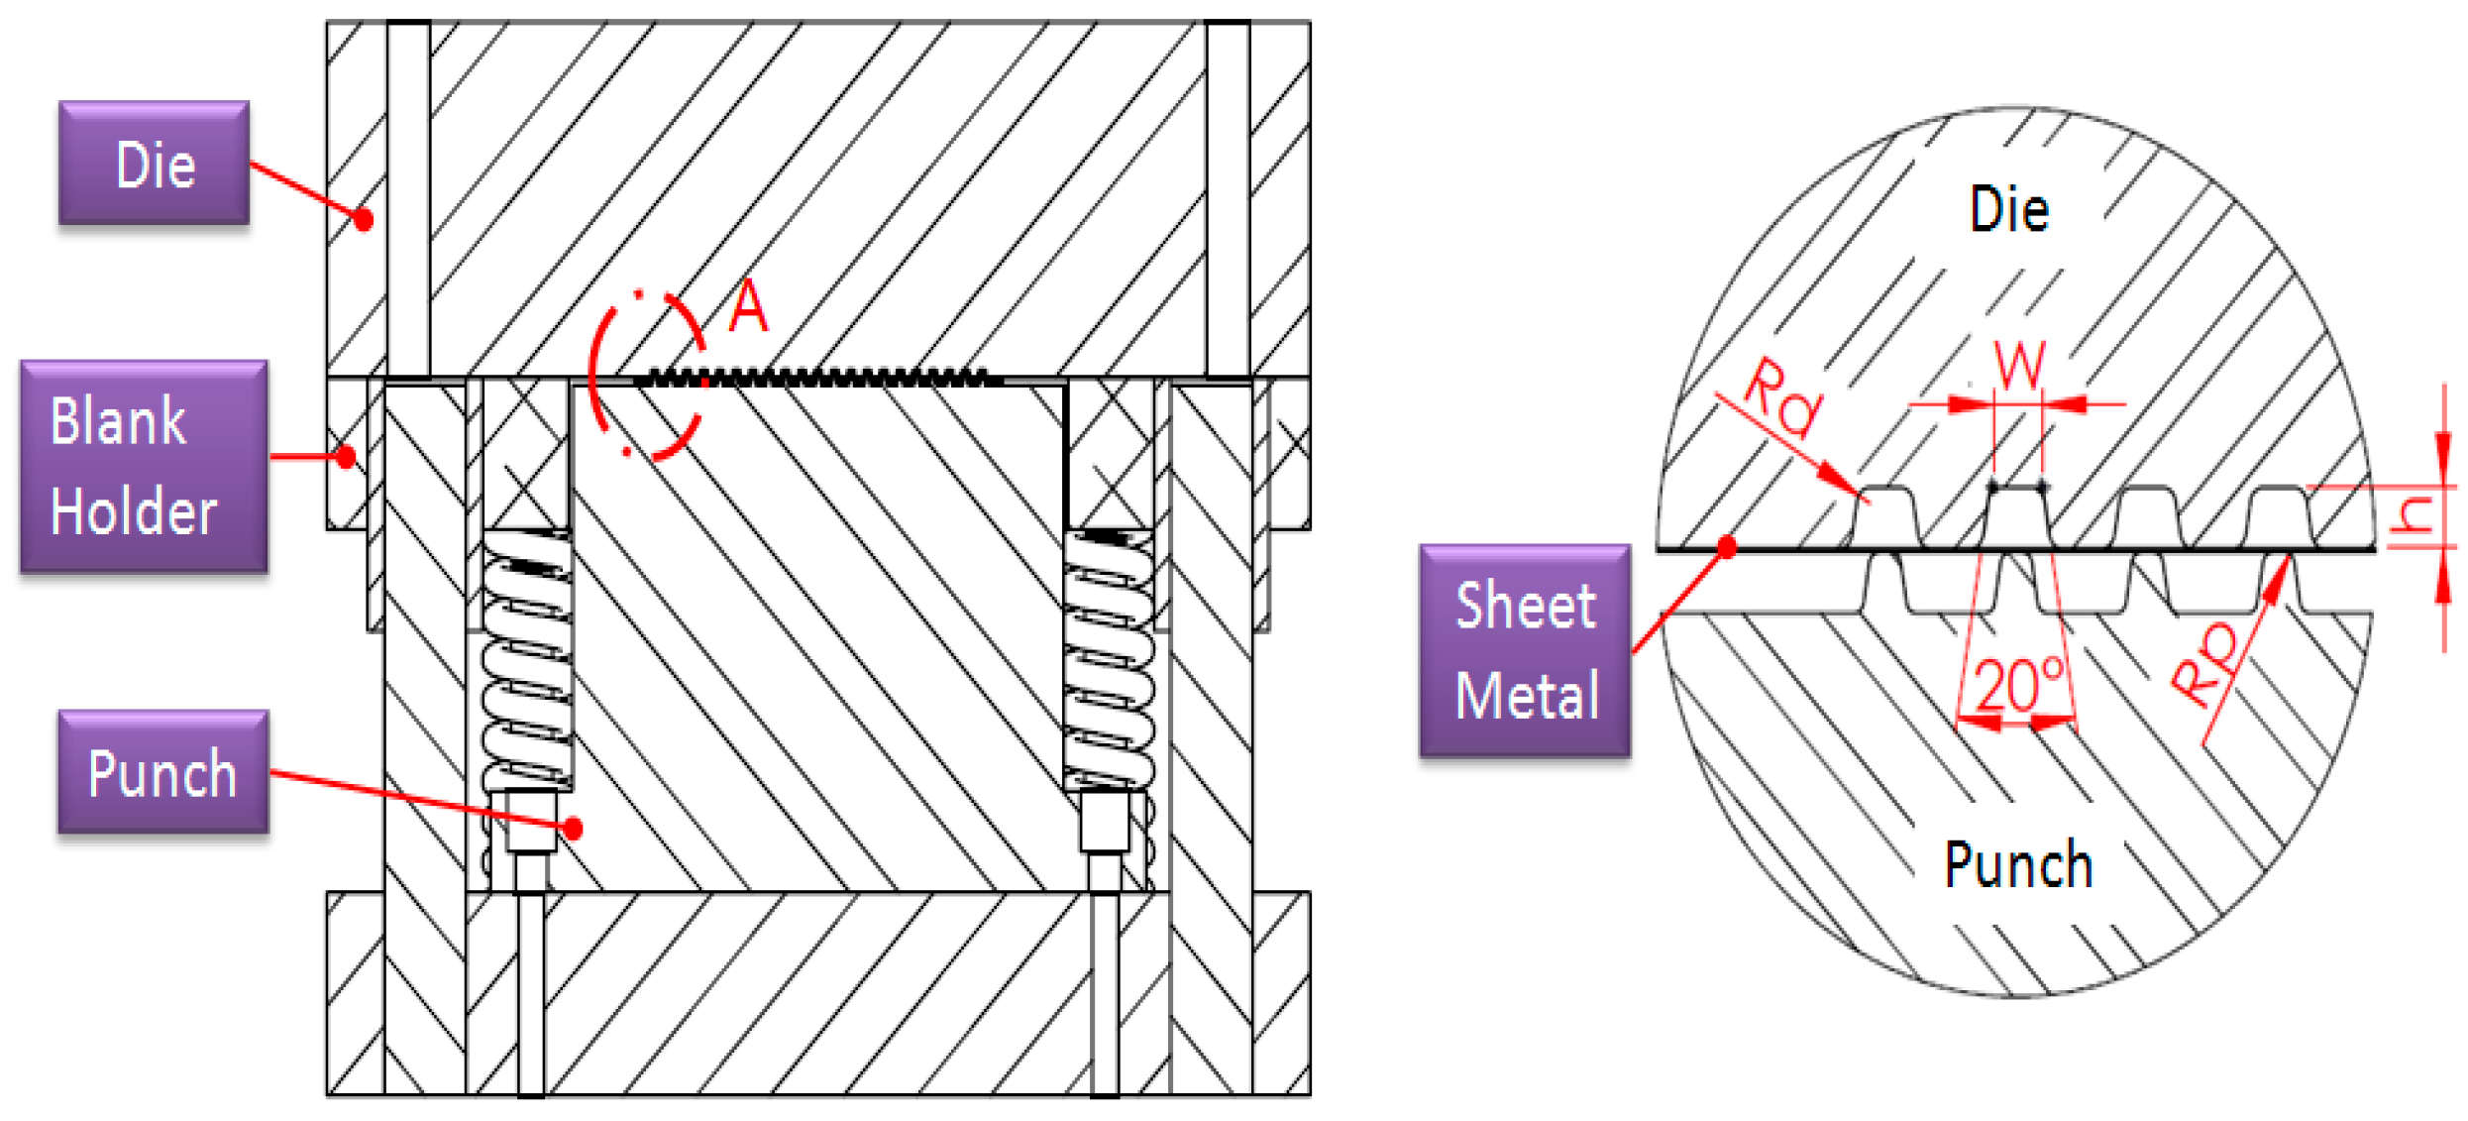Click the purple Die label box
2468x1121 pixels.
tap(154, 163)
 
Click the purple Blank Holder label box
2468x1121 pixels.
tap(144, 466)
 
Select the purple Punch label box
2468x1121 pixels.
tap(163, 772)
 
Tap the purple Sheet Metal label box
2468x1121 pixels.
tap(1525, 650)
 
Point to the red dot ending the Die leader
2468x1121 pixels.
tap(364, 219)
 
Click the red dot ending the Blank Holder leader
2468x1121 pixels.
tap(345, 457)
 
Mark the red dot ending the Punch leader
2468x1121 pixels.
tap(572, 828)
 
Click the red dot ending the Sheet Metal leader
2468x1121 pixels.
tap(1726, 547)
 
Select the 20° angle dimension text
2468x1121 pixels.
tap(2018, 685)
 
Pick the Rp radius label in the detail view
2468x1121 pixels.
tap(2205, 664)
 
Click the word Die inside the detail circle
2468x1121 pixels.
tap(2008, 210)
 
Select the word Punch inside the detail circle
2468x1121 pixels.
tap(2018, 865)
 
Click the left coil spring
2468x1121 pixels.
tap(527, 659)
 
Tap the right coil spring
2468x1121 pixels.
tap(1109, 659)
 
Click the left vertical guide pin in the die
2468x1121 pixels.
tap(408, 198)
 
